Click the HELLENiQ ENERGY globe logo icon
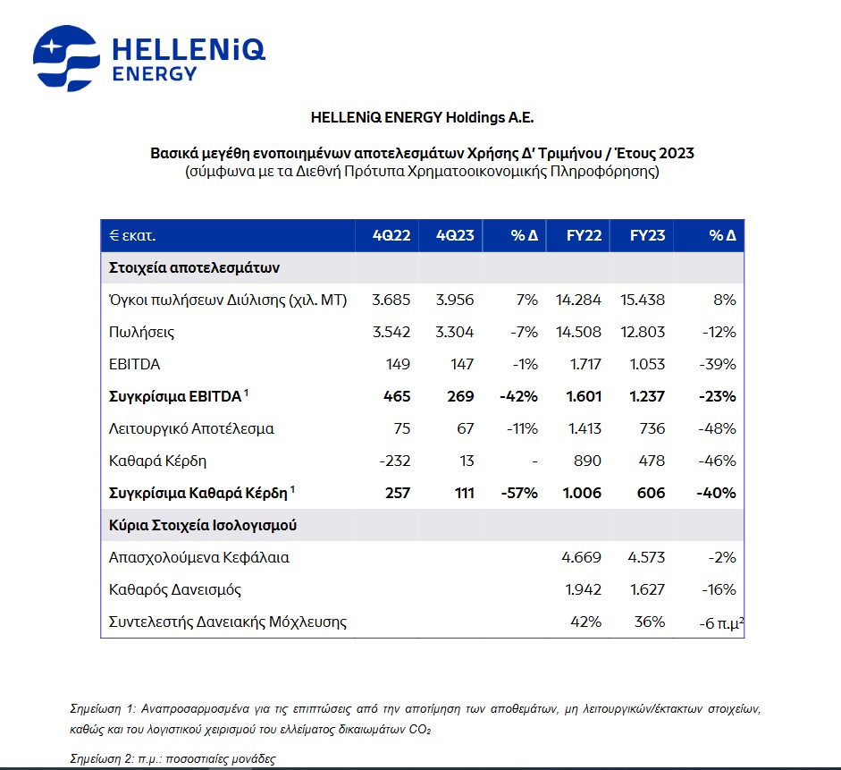point(66,58)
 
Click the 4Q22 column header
point(391,235)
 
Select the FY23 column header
point(647,235)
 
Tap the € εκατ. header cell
point(132,235)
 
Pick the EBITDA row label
point(135,364)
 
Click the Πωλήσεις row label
point(141,332)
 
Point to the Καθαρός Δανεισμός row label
point(175,589)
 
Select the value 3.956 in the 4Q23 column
point(455,300)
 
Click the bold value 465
point(397,396)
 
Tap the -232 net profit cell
point(395,461)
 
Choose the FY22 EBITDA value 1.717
point(585,364)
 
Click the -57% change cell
point(519,493)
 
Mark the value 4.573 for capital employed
point(646,557)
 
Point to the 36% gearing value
point(650,622)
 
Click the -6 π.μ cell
point(721,623)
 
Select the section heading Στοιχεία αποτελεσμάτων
point(194,267)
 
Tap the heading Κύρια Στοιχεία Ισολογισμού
point(203,525)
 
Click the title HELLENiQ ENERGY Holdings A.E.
point(423,117)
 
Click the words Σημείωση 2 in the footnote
point(103,758)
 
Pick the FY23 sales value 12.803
point(643,332)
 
